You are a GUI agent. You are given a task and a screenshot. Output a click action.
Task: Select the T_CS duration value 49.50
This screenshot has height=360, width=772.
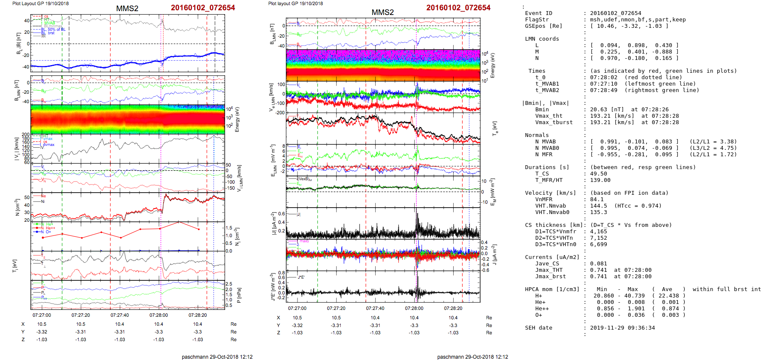click(x=598, y=174)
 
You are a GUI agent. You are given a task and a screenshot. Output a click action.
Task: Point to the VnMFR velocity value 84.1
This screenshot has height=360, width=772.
click(x=597, y=199)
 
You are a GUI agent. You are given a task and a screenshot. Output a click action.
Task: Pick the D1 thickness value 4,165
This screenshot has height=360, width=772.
click(x=598, y=232)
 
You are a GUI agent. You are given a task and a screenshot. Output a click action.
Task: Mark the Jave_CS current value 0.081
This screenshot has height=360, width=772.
click(x=598, y=264)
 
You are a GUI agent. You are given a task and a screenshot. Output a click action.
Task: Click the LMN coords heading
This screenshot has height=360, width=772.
click(x=542, y=39)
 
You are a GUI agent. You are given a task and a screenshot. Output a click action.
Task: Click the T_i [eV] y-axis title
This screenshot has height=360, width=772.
click(x=15, y=265)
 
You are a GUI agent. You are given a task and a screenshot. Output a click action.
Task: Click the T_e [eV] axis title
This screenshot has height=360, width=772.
click(x=495, y=128)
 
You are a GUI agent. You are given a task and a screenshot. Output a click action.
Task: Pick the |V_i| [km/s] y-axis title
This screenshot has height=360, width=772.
click(x=17, y=149)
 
